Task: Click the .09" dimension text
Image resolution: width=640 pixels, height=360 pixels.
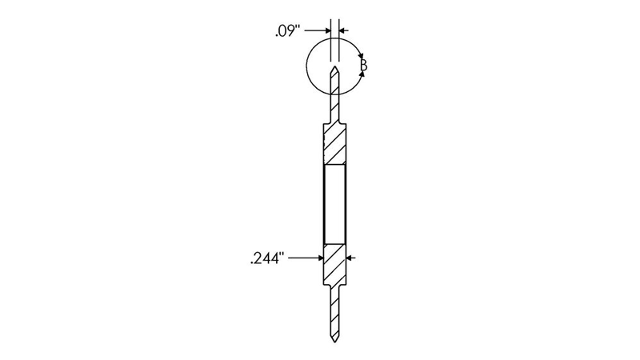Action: click(288, 31)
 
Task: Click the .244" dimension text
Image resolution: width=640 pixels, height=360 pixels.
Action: click(266, 258)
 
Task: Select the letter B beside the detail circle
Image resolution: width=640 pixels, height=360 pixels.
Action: click(364, 65)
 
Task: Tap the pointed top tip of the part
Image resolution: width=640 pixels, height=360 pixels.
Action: click(334, 66)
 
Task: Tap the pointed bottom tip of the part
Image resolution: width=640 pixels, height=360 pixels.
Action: click(334, 342)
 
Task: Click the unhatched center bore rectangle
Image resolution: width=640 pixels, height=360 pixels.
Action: click(334, 204)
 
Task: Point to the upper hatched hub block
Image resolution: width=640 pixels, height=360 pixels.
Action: click(334, 144)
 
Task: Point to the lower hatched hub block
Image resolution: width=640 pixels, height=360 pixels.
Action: click(334, 265)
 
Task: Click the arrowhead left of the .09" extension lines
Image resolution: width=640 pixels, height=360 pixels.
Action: click(327, 30)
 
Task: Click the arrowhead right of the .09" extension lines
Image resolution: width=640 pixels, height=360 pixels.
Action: click(342, 30)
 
